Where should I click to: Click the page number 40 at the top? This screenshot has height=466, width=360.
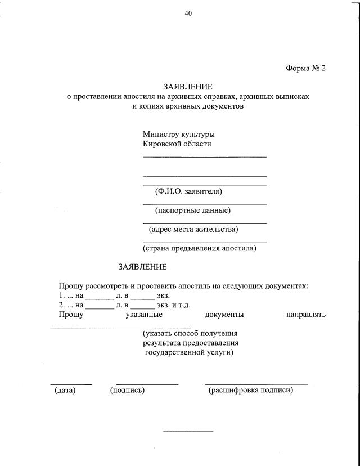pos(188,14)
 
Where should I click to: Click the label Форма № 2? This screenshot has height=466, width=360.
pos(306,68)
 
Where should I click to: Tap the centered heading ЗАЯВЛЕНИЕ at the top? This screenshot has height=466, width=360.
pos(188,87)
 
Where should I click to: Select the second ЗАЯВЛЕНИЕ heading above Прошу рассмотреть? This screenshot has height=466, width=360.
pos(142,266)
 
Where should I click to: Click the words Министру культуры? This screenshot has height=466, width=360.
pos(179,135)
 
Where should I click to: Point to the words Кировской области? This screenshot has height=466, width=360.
pos(177,144)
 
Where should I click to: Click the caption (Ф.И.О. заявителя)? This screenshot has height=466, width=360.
pos(188,191)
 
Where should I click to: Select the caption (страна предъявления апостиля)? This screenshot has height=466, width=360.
pos(200,248)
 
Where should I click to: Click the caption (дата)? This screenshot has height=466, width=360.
pos(65,389)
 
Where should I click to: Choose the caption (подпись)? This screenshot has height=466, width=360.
pos(128,389)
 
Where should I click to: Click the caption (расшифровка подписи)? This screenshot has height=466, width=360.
pos(251,389)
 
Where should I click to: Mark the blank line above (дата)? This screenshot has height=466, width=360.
pos(71,384)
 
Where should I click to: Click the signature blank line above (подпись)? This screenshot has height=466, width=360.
pos(147,384)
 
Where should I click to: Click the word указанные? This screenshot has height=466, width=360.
pos(145,315)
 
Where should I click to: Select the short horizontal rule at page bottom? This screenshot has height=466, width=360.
pos(188,432)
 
